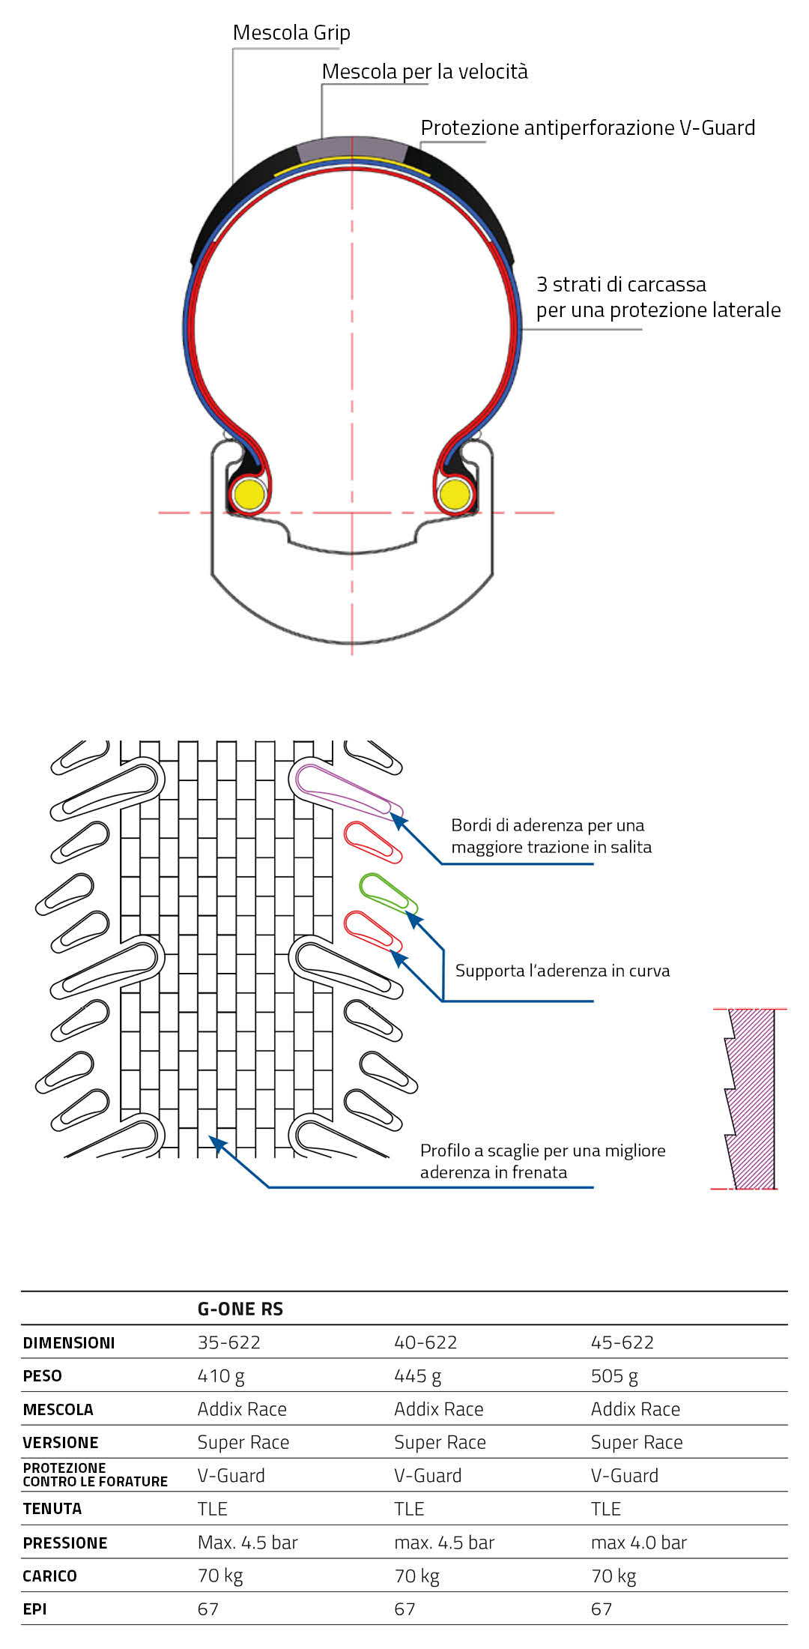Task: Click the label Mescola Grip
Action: click(x=291, y=33)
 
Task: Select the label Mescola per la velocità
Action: click(x=425, y=72)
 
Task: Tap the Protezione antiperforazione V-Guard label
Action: click(x=587, y=128)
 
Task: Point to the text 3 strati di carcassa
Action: click(x=621, y=285)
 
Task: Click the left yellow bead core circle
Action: click(x=248, y=495)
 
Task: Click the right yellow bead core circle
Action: click(x=454, y=495)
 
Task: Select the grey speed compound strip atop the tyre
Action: click(x=352, y=147)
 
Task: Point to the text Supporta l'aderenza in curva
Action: click(x=563, y=971)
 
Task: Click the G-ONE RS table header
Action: click(x=240, y=1309)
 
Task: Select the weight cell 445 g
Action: click(x=418, y=1376)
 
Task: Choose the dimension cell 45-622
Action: click(x=622, y=1342)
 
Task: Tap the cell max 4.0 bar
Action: click(x=639, y=1543)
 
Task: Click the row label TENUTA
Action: click(x=52, y=1509)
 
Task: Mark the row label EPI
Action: click(x=35, y=1609)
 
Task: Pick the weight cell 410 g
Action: click(x=221, y=1376)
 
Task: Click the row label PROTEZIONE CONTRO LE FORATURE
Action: click(x=95, y=1475)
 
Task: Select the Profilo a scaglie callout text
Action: click(x=542, y=1161)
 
